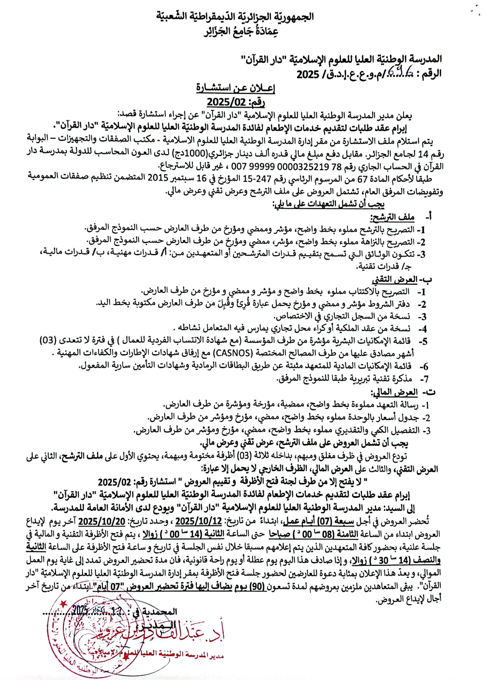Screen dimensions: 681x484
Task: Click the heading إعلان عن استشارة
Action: (235, 89)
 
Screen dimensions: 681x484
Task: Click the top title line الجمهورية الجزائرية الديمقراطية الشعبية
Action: (235, 16)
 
